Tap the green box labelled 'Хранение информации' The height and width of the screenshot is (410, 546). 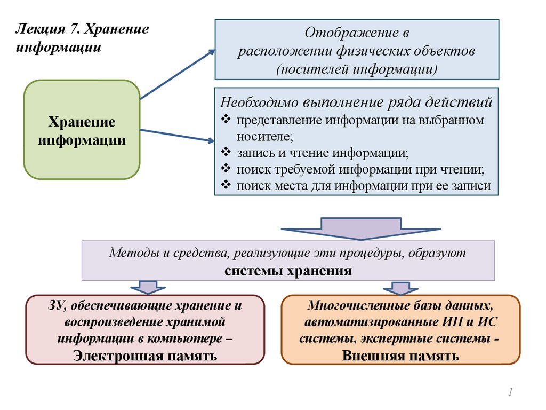coord(82,130)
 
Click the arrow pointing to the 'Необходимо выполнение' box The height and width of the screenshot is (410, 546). coord(176,136)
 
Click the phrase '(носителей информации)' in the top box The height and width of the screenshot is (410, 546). coord(357,69)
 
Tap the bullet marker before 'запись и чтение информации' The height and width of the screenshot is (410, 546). coord(225,153)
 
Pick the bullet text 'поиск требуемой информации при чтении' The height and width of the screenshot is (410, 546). coord(361,169)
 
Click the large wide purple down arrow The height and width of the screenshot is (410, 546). coord(361,228)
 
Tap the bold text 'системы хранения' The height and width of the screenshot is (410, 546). coord(288,270)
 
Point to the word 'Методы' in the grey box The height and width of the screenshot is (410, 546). coord(129,253)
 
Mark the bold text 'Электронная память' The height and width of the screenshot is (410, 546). coord(145,356)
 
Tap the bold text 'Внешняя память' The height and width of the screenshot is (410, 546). coord(400,356)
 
